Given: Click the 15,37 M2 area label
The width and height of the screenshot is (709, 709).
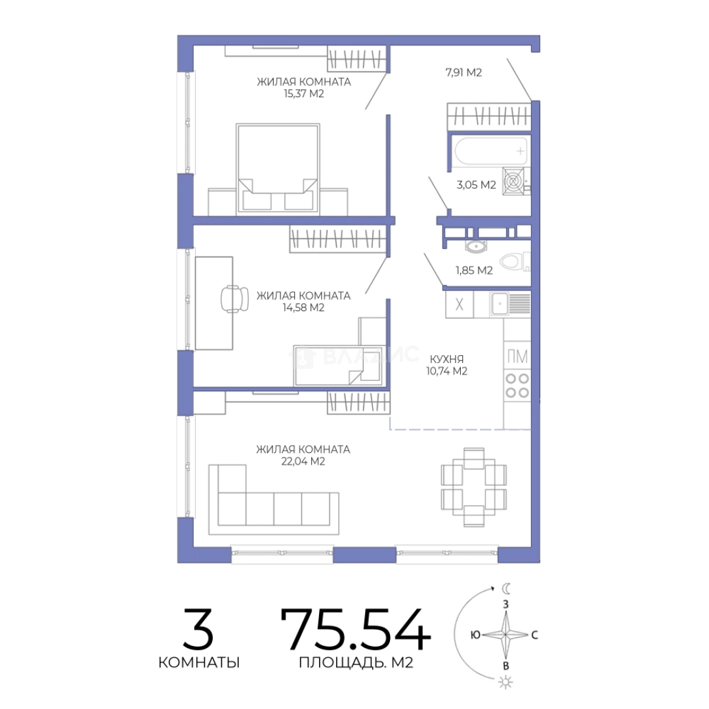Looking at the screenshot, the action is (303, 94).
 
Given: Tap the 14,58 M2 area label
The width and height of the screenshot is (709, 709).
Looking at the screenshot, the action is (303, 307).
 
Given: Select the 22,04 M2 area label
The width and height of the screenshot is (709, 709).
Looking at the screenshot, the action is (303, 462).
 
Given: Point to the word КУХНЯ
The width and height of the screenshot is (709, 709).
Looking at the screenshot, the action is (447, 360).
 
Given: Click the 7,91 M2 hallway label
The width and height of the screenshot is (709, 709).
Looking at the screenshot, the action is (464, 72).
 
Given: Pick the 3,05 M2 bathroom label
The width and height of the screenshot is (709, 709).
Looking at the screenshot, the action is (476, 184).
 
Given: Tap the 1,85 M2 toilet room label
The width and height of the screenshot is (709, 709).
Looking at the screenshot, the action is (474, 270).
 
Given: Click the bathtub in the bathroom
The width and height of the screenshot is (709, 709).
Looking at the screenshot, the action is (491, 151).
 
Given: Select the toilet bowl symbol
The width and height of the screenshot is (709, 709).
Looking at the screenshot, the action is (513, 261).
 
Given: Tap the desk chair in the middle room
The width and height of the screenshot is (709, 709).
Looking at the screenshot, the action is (234, 299).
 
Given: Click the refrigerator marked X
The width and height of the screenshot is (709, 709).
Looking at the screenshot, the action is (460, 305).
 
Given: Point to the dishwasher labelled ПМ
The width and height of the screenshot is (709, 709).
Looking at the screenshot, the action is (517, 356).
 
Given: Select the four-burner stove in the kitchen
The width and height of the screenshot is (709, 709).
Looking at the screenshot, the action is (517, 386).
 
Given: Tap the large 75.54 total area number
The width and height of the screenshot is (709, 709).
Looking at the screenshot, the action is (356, 629).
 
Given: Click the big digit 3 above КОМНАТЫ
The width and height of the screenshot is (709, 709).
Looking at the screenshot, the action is (198, 629).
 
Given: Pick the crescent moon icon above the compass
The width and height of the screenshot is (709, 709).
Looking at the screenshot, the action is (507, 588).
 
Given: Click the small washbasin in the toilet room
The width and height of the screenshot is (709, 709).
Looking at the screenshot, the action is (476, 246).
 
